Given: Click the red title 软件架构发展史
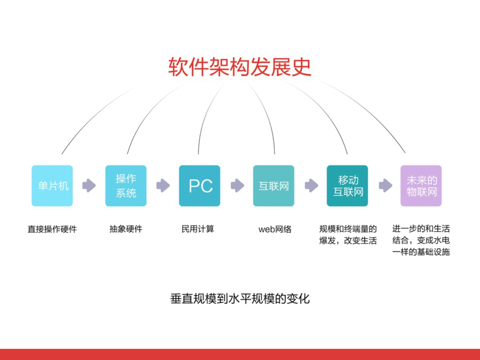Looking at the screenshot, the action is [240, 67].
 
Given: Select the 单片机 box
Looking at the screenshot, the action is [52, 186].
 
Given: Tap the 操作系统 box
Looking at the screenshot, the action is [126, 186].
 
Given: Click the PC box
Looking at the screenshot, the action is [200, 186].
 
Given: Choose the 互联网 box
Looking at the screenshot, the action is [274, 186].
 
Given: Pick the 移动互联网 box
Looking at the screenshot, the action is [347, 186].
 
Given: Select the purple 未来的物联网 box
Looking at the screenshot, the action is [421, 186].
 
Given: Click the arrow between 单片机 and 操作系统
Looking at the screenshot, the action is [89, 186].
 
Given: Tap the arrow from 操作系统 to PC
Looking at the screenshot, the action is [163, 186].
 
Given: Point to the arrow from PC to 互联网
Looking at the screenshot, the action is [237, 186].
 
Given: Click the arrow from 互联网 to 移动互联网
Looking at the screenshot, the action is [311, 186].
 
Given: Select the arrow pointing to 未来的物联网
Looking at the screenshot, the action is [385, 186].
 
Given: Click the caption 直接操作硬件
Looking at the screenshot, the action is [52, 229].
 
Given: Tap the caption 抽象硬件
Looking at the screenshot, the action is [126, 229].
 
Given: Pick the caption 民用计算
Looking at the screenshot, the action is [198, 229].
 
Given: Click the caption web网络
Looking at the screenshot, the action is [275, 229].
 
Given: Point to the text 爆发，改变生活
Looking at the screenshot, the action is [348, 240].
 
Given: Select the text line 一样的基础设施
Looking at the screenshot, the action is [421, 252].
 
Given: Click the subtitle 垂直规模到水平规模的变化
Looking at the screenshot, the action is [240, 299].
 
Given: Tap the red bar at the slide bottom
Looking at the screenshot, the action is [240, 354].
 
